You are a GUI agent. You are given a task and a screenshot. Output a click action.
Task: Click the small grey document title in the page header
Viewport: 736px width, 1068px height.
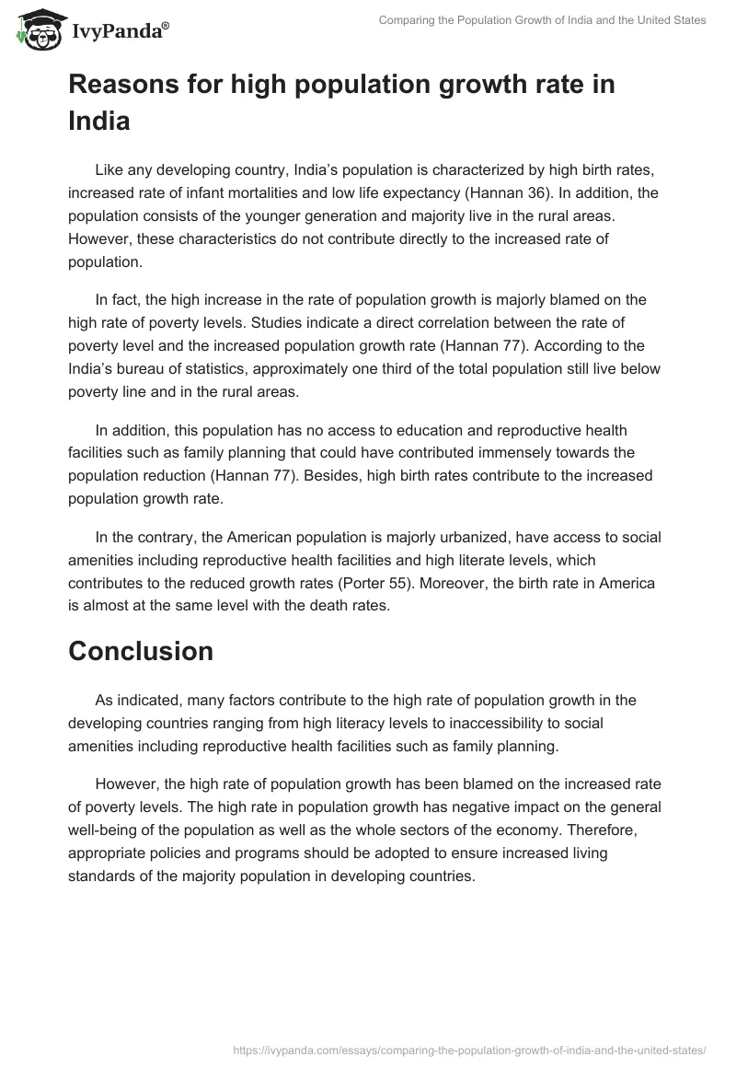coord(543,20)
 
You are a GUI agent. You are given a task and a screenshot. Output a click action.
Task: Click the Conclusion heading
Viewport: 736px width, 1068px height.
coord(141,651)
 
